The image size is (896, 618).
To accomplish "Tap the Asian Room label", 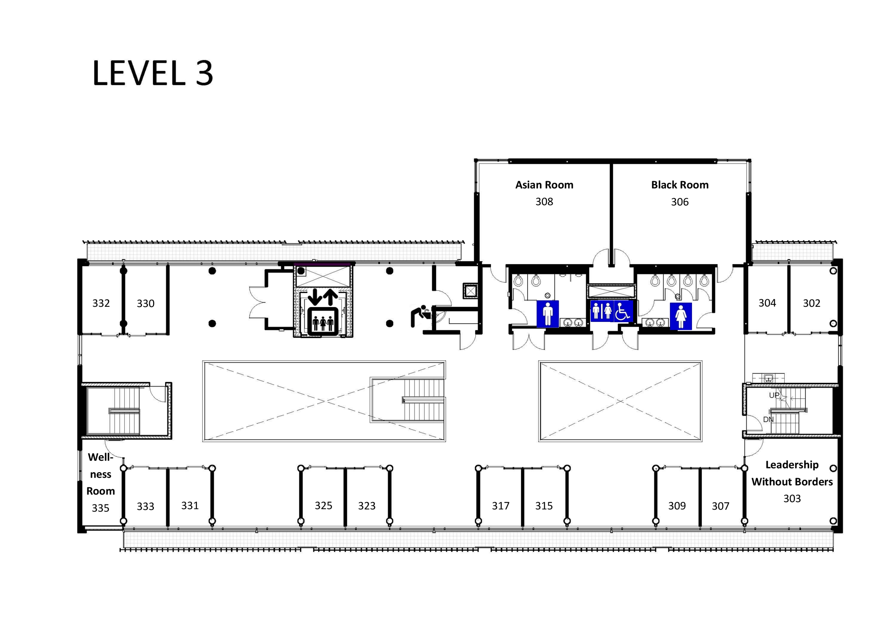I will (x=544, y=185).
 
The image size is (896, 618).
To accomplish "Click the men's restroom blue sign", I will (x=547, y=314).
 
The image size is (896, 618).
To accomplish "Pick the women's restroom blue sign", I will (x=681, y=316).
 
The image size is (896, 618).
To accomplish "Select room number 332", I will (x=101, y=303).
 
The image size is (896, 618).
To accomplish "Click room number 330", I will (x=145, y=304).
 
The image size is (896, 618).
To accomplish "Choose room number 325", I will (x=323, y=506).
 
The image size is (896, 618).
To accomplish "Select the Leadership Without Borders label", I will (x=792, y=473).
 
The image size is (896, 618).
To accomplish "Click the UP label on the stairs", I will (x=774, y=395).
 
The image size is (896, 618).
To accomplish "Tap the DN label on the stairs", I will (x=768, y=419).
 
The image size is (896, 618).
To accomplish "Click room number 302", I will (x=811, y=303).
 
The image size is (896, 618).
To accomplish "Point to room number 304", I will (x=767, y=303).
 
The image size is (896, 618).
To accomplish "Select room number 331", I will (x=190, y=506).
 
